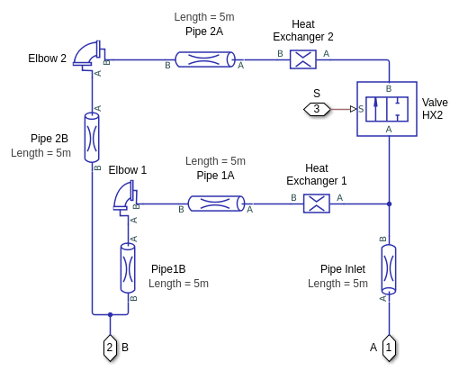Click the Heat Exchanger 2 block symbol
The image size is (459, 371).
pyautogui.click(x=303, y=59)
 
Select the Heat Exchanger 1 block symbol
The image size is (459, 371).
pyautogui.click(x=317, y=204)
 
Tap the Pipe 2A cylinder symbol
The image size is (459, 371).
pyautogui.click(x=205, y=59)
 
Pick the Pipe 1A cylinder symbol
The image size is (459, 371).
pyautogui.click(x=216, y=204)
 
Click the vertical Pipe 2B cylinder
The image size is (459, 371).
pyautogui.click(x=92, y=138)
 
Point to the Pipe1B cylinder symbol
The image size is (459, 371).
pyautogui.click(x=128, y=268)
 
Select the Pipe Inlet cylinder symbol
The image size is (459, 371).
pyautogui.click(x=389, y=269)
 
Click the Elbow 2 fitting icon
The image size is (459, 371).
pyautogui.click(x=89, y=55)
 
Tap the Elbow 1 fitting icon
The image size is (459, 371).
pyautogui.click(x=125, y=197)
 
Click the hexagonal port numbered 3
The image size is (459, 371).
pyautogui.click(x=317, y=109)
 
